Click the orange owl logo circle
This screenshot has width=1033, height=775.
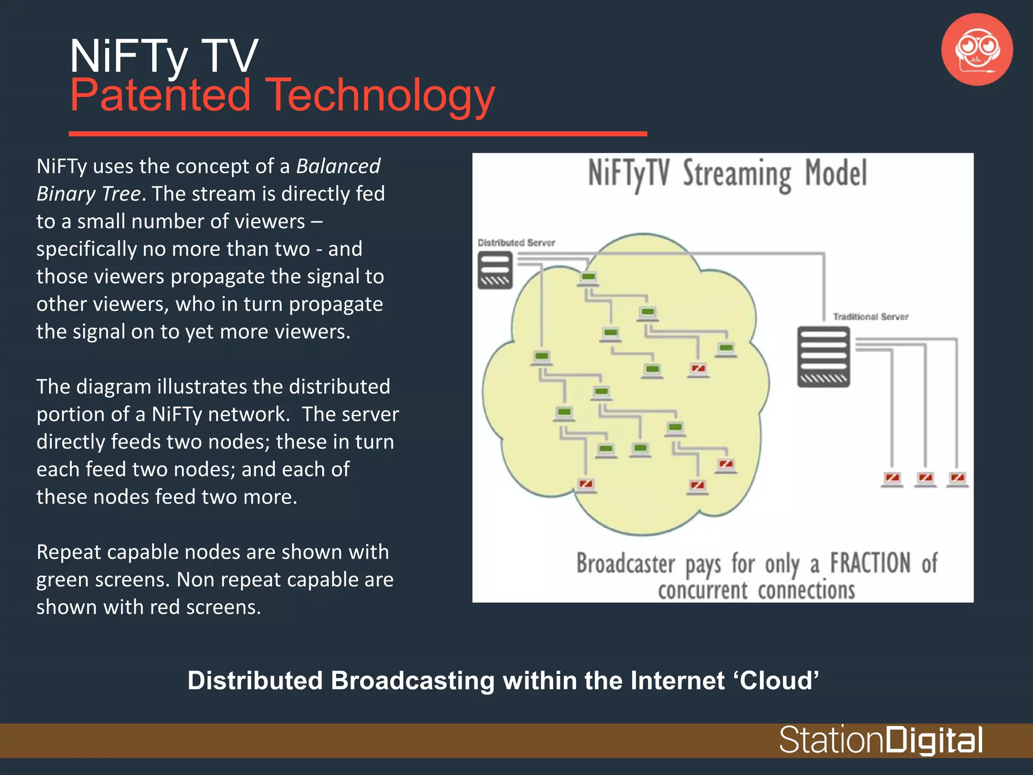tap(977, 49)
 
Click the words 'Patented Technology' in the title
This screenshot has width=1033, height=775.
tap(282, 96)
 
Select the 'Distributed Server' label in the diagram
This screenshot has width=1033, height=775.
tap(516, 243)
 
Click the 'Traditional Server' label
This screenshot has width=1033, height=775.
tap(871, 317)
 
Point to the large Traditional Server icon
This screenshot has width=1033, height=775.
tap(823, 357)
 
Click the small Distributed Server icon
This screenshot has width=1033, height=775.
tap(495, 270)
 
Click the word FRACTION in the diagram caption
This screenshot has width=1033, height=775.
tap(870, 563)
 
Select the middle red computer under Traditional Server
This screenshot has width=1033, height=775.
tap(925, 478)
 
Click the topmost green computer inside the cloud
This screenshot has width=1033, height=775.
tap(588, 278)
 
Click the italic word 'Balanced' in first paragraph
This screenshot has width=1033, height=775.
tap(338, 167)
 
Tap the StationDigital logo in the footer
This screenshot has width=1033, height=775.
tap(881, 741)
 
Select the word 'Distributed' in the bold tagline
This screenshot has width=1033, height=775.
tap(255, 681)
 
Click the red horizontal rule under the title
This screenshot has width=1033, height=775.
tap(358, 134)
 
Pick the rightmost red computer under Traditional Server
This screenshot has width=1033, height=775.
tap(957, 478)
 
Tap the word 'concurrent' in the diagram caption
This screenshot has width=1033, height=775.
tap(703, 590)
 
